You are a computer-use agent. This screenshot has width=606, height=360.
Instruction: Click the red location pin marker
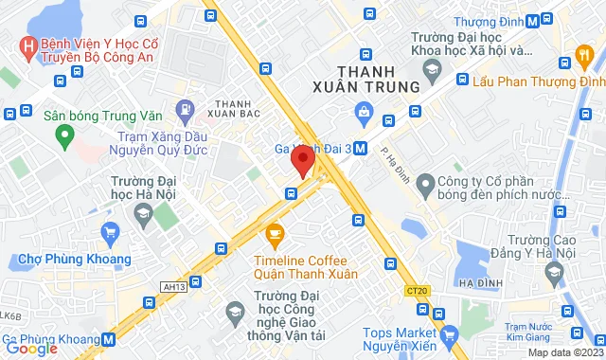click(302, 160)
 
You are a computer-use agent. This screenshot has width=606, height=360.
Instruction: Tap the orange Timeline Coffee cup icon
click(275, 232)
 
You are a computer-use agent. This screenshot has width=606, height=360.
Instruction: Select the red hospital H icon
click(28, 45)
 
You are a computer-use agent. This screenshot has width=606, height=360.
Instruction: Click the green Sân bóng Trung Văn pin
click(64, 137)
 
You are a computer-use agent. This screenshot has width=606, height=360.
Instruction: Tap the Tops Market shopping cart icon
click(450, 333)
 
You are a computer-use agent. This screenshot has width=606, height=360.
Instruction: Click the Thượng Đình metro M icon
click(534, 20)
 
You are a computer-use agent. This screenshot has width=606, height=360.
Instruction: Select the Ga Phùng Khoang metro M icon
click(109, 338)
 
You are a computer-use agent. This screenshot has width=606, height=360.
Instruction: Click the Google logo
click(30, 349)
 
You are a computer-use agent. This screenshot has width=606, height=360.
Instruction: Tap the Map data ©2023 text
click(564, 352)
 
